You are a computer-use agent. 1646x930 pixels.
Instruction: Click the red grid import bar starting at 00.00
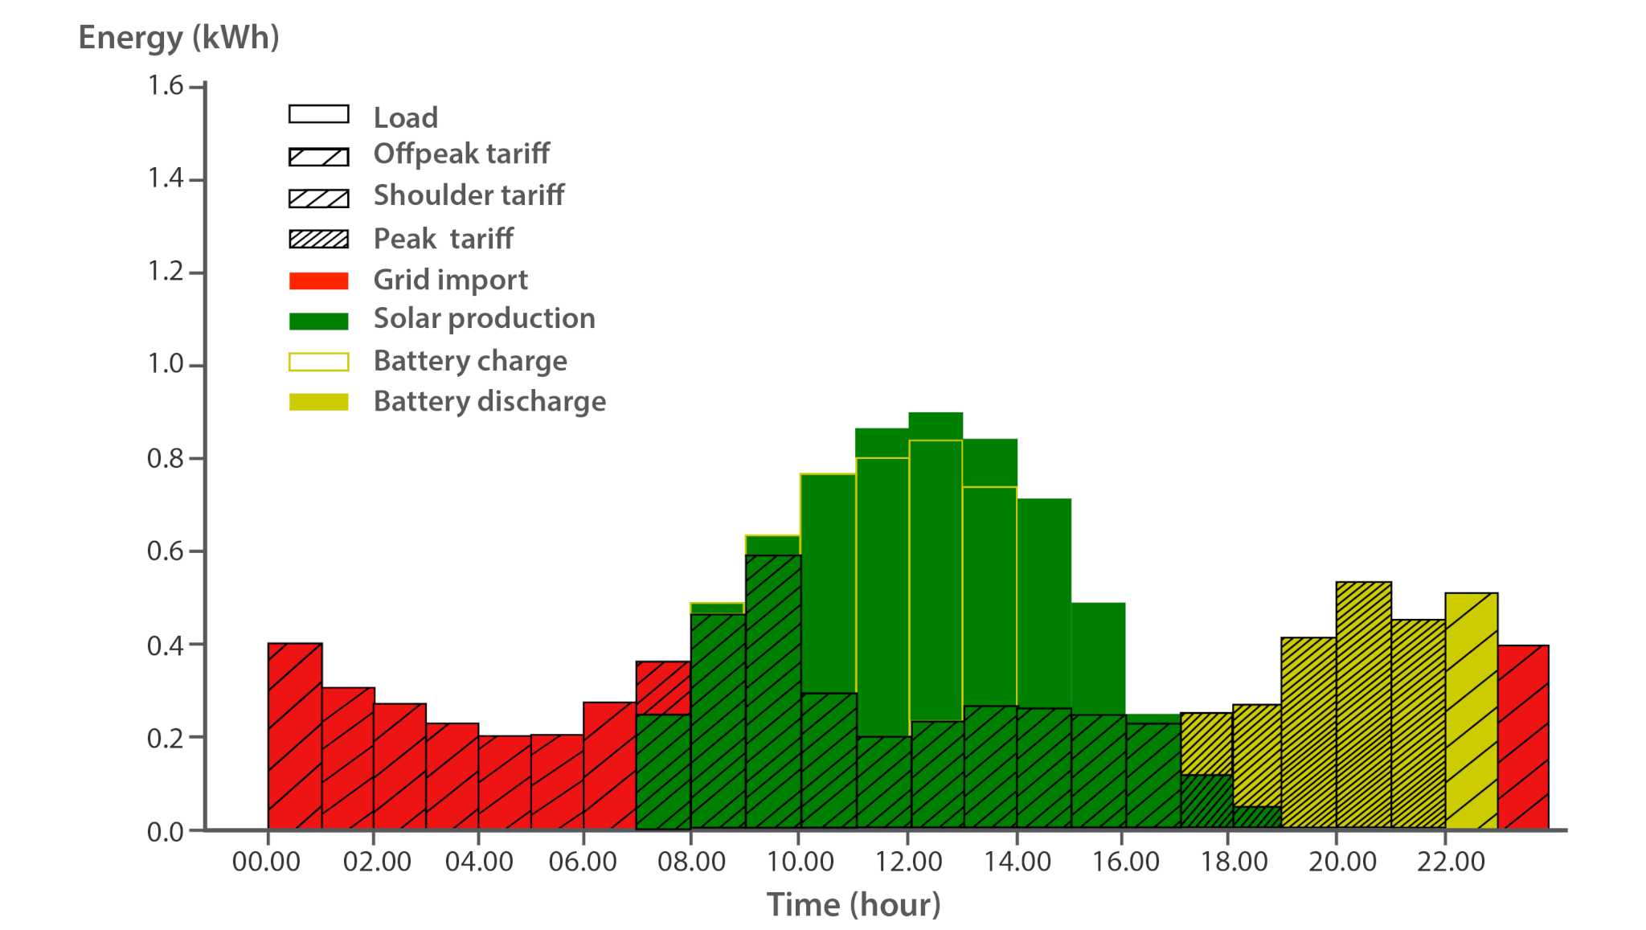(x=294, y=735)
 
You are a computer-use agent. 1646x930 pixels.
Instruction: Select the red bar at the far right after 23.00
(x=1523, y=736)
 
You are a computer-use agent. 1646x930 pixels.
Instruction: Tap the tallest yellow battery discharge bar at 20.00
(x=1363, y=704)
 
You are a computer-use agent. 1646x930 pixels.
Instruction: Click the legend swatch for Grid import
(x=318, y=281)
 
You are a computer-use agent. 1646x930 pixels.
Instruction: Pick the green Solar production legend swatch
(x=318, y=321)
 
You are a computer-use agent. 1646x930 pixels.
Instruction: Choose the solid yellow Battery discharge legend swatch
(x=318, y=402)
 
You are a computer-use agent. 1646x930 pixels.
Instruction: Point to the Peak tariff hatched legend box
(x=318, y=239)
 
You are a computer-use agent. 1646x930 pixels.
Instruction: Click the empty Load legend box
(x=318, y=114)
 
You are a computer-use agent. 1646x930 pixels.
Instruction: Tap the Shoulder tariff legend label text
(x=469, y=195)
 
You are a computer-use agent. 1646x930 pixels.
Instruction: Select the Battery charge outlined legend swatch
(x=318, y=362)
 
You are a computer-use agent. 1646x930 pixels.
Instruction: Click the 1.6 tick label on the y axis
(x=166, y=85)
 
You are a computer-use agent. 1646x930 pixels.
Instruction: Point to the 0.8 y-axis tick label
(x=166, y=458)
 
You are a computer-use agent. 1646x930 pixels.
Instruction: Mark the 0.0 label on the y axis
(x=166, y=832)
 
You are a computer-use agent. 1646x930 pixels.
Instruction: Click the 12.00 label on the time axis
(x=908, y=862)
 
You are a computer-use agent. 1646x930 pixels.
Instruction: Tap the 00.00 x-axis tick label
(x=266, y=862)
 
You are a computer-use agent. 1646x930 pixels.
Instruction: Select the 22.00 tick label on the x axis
(x=1451, y=862)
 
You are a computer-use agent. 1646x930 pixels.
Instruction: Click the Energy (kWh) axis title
(x=178, y=38)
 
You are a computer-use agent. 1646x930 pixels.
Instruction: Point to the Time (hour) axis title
(x=854, y=905)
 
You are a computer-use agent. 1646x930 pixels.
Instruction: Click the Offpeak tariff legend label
(x=461, y=154)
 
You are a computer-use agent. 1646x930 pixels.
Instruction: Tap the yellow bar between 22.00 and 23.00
(x=1471, y=711)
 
